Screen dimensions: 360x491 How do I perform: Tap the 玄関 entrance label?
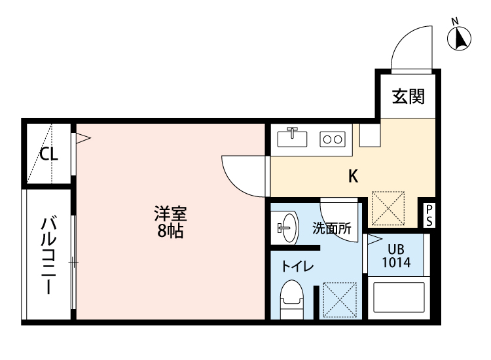click(x=409, y=97)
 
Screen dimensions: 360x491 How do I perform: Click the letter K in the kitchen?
click(x=352, y=175)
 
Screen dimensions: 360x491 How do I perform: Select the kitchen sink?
click(x=293, y=138)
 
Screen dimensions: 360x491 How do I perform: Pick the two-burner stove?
click(x=332, y=139)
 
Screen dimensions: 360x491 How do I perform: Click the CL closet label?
click(x=49, y=154)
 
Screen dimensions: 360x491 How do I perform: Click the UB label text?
click(x=396, y=249)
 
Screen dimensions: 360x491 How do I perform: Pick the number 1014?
click(x=396, y=262)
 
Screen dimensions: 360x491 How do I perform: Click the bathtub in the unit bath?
click(x=397, y=298)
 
